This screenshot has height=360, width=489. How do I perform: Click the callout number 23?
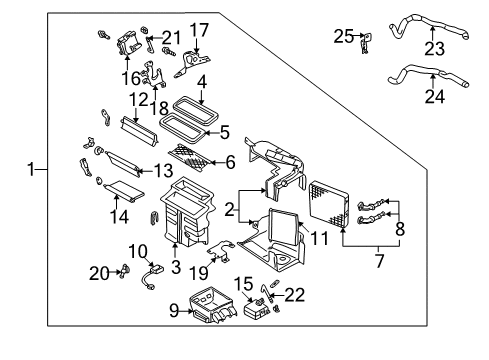(434, 49)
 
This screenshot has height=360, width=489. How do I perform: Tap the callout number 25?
(344, 36)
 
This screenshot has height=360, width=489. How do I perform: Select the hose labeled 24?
(428, 76)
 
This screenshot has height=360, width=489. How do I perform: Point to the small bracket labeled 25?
(366, 43)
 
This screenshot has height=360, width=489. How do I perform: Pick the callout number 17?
(199, 29)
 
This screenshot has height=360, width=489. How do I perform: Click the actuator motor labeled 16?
(127, 44)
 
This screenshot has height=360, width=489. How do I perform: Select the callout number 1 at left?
(31, 169)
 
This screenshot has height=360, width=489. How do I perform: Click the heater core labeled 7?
(330, 204)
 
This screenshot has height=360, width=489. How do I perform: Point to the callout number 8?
(400, 229)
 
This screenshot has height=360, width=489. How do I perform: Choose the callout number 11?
(319, 238)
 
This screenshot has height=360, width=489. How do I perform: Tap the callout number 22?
(295, 295)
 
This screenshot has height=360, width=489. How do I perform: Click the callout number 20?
(99, 273)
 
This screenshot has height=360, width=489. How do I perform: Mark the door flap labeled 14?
(124, 191)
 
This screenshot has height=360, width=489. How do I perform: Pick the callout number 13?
(163, 171)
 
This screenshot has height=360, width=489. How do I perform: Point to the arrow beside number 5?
(211, 133)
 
